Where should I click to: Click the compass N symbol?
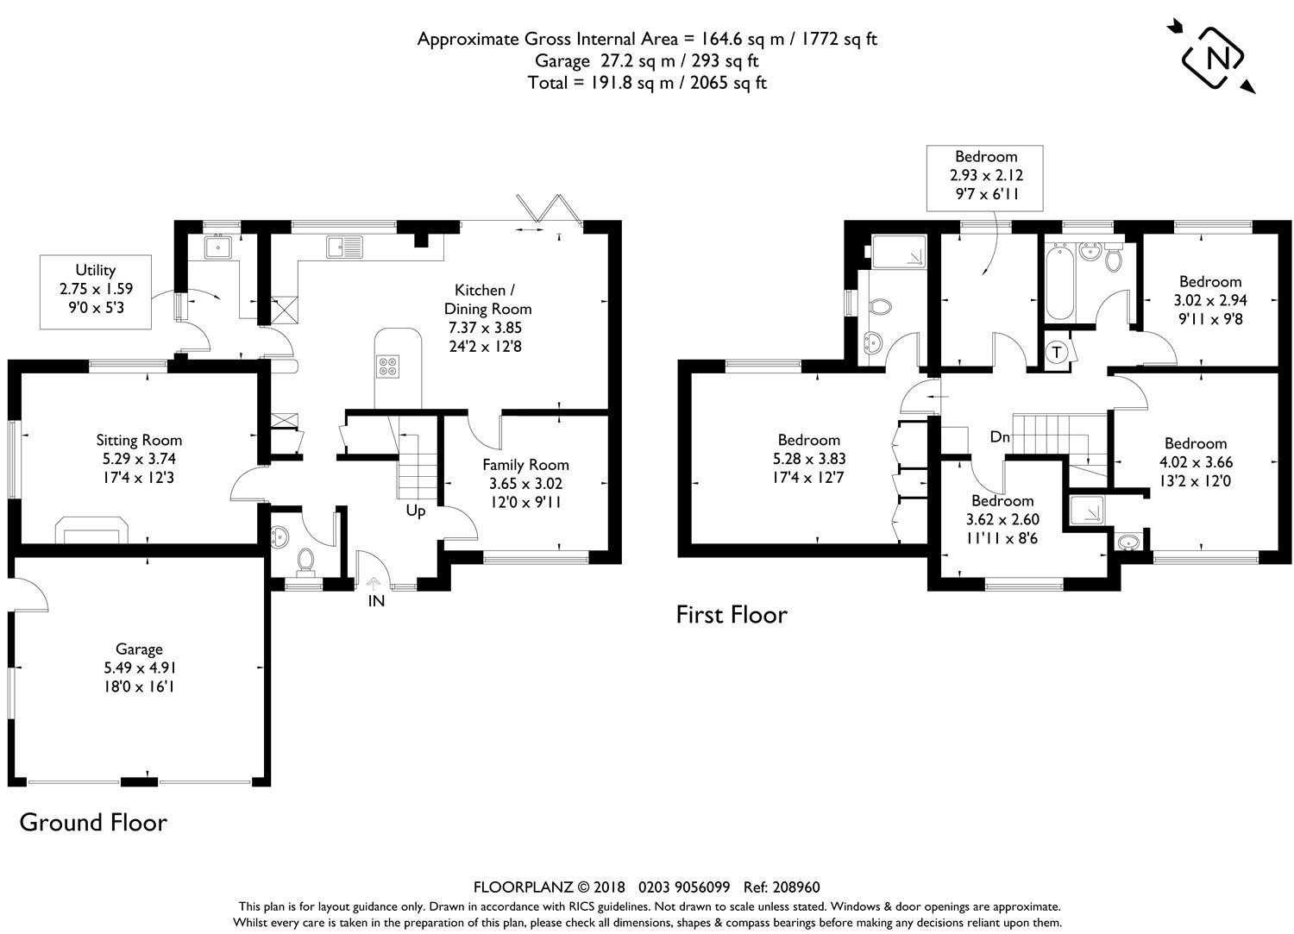tap(1212, 58)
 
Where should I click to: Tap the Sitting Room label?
tap(139, 440)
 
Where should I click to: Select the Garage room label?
tap(139, 649)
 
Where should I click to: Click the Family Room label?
tap(525, 464)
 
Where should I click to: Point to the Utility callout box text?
tap(96, 288)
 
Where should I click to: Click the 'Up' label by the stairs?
tap(415, 511)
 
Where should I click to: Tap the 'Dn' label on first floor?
tap(999, 436)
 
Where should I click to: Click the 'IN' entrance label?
tap(376, 601)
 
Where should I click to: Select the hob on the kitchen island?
tap(387, 367)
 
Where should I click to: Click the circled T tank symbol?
tap(1057, 352)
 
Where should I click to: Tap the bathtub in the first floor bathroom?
tap(1060, 283)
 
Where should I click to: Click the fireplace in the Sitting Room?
tap(91, 530)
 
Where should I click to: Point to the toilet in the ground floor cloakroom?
tap(305, 562)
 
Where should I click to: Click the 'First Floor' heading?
tap(732, 615)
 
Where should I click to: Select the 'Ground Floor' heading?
tap(93, 823)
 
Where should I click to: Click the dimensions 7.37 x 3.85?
tap(485, 328)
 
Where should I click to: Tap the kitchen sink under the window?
tap(344, 247)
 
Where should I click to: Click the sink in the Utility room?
tap(217, 248)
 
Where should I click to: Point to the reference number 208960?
tap(796, 887)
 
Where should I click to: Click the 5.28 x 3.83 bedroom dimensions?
tap(809, 459)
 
